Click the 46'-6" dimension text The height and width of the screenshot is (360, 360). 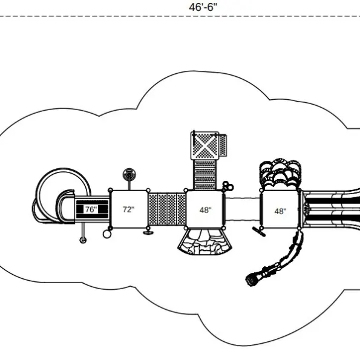(203, 7)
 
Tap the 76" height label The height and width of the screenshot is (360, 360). (91, 209)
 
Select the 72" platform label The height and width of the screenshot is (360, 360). (128, 209)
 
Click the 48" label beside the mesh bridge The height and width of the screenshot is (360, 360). (206, 210)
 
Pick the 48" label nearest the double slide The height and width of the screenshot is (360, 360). (280, 211)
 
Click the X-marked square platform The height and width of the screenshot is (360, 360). (205, 146)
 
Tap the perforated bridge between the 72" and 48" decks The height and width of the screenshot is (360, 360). (167, 209)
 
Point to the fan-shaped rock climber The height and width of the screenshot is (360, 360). (205, 242)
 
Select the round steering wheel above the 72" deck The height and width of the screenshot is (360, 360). (129, 175)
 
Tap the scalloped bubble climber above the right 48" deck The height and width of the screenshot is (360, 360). (280, 174)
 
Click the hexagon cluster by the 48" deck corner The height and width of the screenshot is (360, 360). (228, 186)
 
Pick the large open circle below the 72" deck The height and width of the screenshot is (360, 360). (106, 234)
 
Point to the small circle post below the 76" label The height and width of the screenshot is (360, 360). (83, 240)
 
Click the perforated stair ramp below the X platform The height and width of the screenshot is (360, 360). (205, 175)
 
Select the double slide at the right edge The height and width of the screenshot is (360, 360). (332, 208)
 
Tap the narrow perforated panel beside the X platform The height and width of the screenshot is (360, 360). (223, 145)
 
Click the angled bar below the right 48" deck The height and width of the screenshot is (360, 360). (259, 231)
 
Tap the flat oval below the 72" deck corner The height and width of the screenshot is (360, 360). (148, 233)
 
